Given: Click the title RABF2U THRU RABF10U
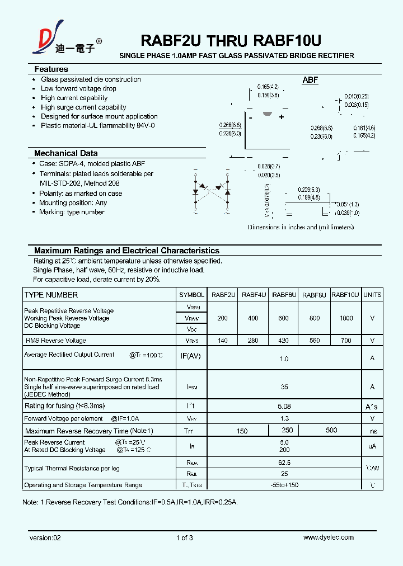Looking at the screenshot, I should (x=230, y=40).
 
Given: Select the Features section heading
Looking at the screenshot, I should (x=51, y=69).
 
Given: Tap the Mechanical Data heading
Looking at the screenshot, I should (x=65, y=153).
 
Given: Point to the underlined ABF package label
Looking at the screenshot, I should (x=310, y=81).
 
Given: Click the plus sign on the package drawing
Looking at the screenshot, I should (x=282, y=117).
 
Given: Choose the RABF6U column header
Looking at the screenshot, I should (x=283, y=295).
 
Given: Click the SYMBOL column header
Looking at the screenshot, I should (x=191, y=295).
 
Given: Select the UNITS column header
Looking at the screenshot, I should (x=372, y=295).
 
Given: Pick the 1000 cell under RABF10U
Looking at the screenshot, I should (x=346, y=318).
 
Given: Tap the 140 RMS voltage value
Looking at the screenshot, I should (x=222, y=340).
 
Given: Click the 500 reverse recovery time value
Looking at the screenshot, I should (x=331, y=430).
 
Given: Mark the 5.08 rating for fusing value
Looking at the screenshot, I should (x=284, y=406).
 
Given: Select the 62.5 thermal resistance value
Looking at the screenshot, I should (x=284, y=463).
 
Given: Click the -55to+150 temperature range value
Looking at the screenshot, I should (x=284, y=484).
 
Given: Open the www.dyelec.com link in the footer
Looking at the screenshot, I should (x=328, y=537).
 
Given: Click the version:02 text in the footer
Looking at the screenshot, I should (x=45, y=537).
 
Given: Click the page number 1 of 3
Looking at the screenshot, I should (x=184, y=537).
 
